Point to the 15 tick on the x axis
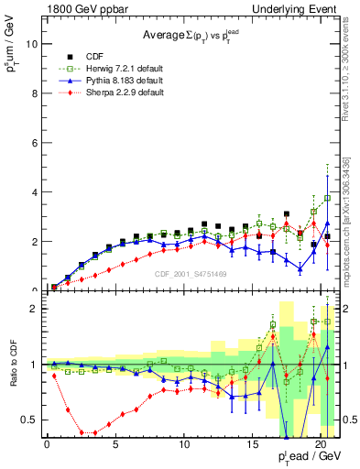point(252,445)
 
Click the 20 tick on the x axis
point(320,445)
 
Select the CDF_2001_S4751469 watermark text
point(191,272)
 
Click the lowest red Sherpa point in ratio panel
point(88,432)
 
